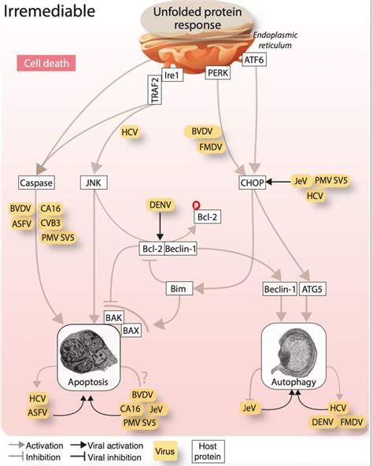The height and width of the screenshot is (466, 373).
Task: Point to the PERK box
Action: [217, 73]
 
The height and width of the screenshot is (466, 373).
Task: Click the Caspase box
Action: [37, 183]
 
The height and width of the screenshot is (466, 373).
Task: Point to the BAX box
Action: [130, 330]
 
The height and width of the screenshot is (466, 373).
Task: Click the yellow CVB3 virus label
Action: [54, 223]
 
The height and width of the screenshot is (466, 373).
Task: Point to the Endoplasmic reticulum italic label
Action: [277, 42]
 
